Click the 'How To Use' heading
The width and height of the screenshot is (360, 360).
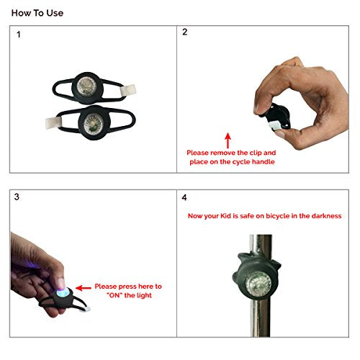point(37,13)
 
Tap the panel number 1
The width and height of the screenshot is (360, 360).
point(19,35)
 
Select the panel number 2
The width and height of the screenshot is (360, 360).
point(184,32)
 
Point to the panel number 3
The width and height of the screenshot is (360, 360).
point(17,197)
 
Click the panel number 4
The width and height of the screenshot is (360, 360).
point(184,197)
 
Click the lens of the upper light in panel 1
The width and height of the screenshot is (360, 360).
point(86,86)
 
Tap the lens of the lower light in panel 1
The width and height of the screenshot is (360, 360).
point(94,123)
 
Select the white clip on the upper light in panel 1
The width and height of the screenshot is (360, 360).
point(128,90)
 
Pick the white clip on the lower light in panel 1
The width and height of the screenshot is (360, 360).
point(53,123)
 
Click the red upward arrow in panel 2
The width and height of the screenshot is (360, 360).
point(228,140)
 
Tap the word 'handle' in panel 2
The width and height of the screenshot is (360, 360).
point(264,162)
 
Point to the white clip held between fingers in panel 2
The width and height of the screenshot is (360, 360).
point(275,125)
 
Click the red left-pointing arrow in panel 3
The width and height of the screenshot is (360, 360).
point(84,288)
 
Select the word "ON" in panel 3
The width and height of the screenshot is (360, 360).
point(114,295)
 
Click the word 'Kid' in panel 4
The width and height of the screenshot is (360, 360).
point(225,216)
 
